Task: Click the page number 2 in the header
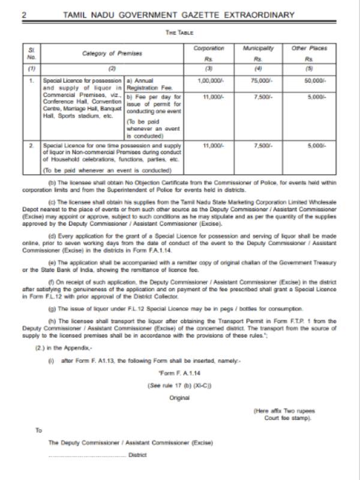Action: pos(25,14)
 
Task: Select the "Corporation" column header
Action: pos(209,48)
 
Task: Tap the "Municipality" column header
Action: pos(258,48)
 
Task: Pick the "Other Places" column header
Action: pos(309,48)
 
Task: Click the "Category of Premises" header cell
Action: pos(113,54)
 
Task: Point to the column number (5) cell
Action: pos(309,69)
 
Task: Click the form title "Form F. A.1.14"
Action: pos(179,375)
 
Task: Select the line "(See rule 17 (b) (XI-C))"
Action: pos(179,386)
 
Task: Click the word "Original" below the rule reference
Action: pos(179,398)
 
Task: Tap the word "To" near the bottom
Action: pos(39,430)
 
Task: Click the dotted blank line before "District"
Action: pos(86,455)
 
